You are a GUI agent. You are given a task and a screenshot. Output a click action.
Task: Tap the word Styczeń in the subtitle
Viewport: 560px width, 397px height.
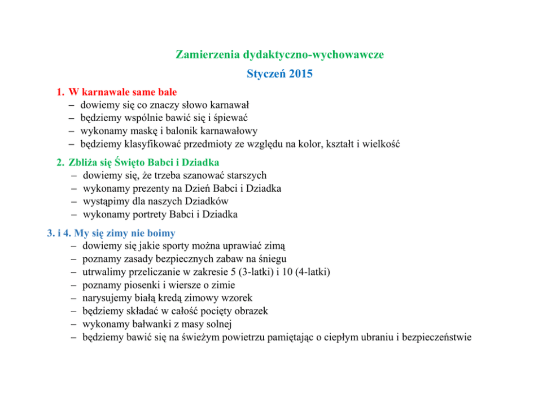click(266, 74)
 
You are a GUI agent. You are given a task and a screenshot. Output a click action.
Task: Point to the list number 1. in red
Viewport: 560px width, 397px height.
click(60, 92)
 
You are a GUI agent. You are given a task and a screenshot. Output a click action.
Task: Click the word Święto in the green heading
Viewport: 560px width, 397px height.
click(131, 163)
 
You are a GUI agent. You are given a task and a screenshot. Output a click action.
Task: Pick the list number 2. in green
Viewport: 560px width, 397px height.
click(60, 163)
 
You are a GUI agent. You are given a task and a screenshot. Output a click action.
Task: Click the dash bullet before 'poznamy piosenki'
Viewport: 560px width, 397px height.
click(74, 286)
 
